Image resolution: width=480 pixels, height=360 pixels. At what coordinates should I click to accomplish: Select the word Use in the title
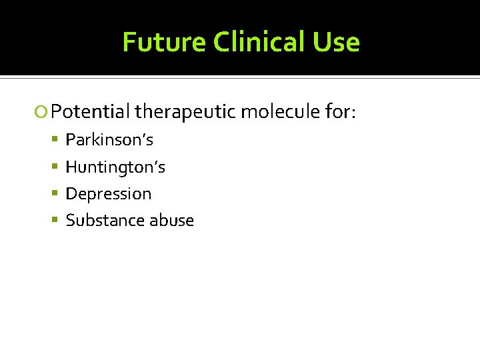339,43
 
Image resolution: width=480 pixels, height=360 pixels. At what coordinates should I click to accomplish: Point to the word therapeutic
185,112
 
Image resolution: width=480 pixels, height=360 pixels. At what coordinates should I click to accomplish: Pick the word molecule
280,112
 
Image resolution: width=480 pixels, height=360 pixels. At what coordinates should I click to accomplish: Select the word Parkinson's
109,140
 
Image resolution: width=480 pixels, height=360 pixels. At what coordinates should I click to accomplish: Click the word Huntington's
115,167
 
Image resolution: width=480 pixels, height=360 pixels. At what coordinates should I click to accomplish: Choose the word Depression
109,194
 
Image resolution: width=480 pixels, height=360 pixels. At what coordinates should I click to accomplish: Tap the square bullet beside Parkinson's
57,140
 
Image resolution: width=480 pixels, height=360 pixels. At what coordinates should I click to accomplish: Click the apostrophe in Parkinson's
144,136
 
